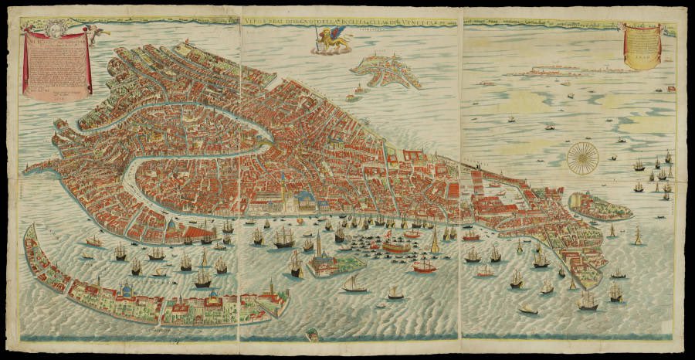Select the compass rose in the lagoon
(x=582, y=158)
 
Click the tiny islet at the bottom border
(x=312, y=335)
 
